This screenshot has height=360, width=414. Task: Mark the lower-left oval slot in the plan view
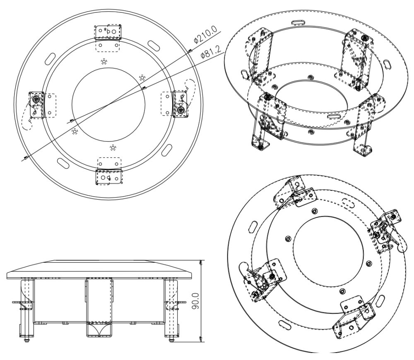(63, 163)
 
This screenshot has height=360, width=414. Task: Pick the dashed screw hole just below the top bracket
(103, 61)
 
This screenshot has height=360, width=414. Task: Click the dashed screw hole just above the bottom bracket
(113, 147)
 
